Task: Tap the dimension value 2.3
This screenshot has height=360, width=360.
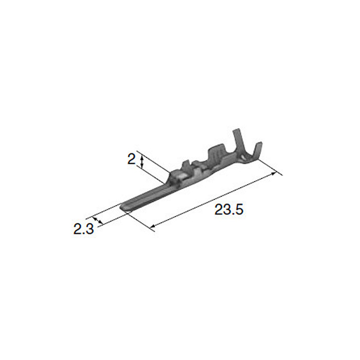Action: pyautogui.click(x=83, y=229)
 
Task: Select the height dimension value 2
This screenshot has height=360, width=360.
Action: pyautogui.click(x=132, y=159)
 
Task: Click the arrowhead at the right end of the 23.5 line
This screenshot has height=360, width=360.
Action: pyautogui.click(x=273, y=173)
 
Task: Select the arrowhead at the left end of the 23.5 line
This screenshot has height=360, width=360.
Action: pyautogui.click(x=153, y=226)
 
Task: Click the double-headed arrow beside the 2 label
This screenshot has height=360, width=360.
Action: pyautogui.click(x=142, y=161)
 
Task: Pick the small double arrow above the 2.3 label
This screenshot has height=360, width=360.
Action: pyautogui.click(x=97, y=220)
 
